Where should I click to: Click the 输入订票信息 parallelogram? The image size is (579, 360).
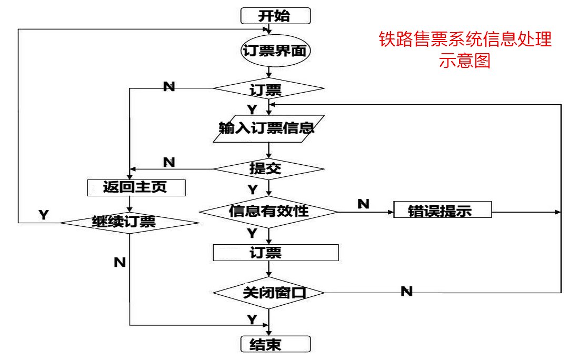click(266, 128)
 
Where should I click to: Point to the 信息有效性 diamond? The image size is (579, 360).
click(268, 211)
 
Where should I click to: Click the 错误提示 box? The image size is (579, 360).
click(442, 211)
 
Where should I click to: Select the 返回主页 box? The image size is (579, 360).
click(136, 187)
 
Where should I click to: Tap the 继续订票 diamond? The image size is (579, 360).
click(129, 222)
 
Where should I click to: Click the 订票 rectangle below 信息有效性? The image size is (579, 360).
click(275, 253)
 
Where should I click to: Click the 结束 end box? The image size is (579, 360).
click(275, 344)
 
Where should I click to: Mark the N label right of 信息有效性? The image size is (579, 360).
click(363, 203)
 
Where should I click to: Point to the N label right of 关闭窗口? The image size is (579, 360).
click(406, 291)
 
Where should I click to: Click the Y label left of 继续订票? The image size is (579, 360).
click(44, 214)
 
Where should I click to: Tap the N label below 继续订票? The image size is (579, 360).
click(120, 262)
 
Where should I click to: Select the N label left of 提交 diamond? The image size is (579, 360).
click(169, 162)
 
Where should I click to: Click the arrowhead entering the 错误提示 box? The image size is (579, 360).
click(391, 212)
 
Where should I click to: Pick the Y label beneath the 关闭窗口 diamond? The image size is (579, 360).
click(252, 319)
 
